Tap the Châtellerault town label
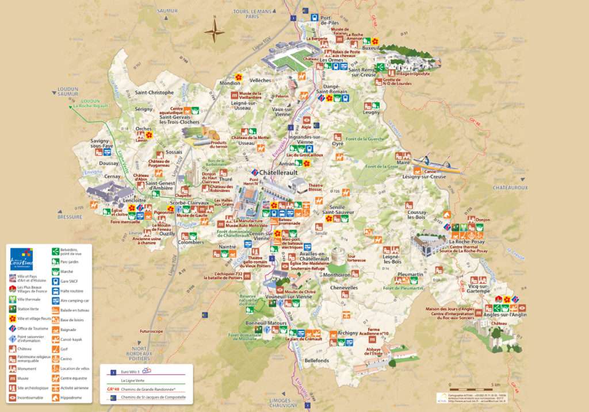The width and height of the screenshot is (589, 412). [x=279, y=172]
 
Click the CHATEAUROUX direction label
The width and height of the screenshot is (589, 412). [x=510, y=187]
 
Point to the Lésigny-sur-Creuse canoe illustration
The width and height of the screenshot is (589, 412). [x=440, y=164]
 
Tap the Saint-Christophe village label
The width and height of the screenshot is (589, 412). [x=154, y=93]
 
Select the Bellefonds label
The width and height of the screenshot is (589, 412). [x=317, y=360]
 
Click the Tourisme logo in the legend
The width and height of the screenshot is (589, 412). [x=22, y=259]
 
